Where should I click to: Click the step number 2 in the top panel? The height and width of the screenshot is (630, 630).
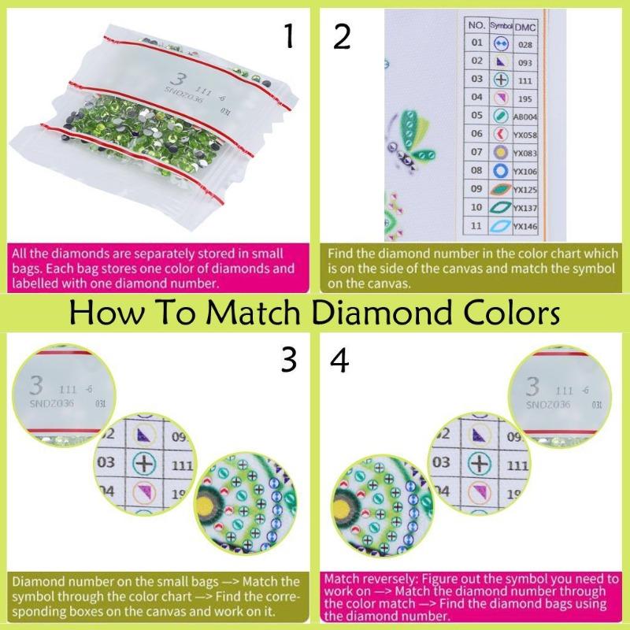[x=341, y=35]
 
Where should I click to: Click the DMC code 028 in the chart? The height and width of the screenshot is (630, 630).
[x=524, y=45]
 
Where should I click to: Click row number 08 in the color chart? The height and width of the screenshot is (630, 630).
[x=476, y=169]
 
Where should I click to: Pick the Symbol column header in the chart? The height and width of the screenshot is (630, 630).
[x=500, y=25]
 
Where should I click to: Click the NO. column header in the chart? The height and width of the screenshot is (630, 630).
[x=476, y=25]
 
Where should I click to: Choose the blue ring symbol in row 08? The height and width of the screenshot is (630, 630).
[x=500, y=170]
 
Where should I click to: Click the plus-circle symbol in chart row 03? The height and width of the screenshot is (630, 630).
[x=500, y=80]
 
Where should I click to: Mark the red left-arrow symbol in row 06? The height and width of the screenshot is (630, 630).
[x=500, y=133]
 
